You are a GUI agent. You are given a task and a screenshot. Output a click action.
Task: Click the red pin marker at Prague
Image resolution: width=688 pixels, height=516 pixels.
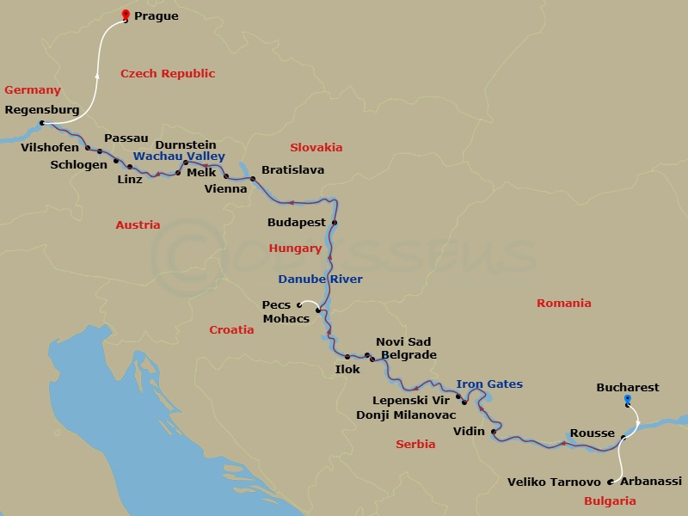pos(126,14)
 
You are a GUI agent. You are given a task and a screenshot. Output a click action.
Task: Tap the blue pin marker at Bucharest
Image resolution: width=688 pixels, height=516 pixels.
pos(628,399)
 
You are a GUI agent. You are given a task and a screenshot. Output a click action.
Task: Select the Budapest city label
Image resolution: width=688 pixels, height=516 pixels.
pos(297,223)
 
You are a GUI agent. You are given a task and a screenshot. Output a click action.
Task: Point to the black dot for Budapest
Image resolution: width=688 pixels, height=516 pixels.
pos(335,223)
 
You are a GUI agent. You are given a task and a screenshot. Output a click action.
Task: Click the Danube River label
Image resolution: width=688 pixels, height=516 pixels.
pos(320,279)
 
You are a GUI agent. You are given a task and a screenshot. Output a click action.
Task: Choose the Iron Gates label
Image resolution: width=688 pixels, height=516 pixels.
pos(489,384)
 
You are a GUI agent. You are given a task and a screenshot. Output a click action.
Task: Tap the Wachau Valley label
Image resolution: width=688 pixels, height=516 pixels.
pos(179,157)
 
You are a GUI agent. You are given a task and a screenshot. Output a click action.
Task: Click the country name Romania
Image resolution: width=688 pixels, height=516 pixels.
pos(563,303)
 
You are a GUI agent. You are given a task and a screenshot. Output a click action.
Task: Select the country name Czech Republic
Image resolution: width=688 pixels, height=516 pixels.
pos(168,74)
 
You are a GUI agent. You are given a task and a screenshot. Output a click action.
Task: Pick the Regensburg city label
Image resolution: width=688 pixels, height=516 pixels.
pos(42,110)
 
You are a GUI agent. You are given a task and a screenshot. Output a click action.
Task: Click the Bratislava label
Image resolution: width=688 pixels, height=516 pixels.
pos(292,170)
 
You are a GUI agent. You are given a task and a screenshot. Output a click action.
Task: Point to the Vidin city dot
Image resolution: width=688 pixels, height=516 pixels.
pos(494,432)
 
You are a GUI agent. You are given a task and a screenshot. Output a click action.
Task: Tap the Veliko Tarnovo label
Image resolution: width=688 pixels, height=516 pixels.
pos(554,482)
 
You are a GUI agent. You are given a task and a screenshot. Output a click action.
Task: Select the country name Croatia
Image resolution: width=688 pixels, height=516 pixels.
pos(232,329)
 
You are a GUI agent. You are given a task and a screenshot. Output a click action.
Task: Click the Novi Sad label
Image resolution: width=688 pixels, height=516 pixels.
pos(403,342)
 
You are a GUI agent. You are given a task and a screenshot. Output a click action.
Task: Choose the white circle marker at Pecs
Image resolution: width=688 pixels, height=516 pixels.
pos(299,304)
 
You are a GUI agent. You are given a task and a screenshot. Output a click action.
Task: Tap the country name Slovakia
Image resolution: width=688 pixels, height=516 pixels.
pos(316,147)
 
